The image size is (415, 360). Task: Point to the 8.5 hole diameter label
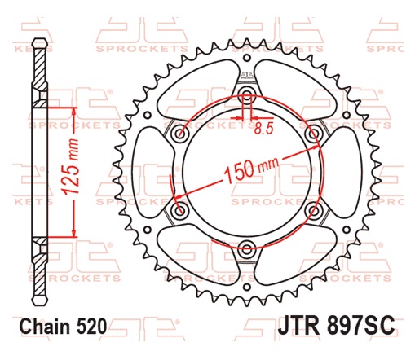click(263, 127)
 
